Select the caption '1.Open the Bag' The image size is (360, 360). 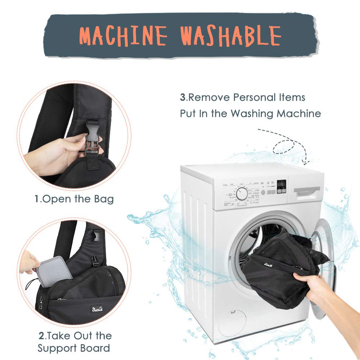tap(74, 199)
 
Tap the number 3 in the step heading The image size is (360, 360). tap(183, 98)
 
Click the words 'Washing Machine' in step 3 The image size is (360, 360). tap(275, 113)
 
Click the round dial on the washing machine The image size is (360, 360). tap(242, 194)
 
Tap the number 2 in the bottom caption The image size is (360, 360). tap(41, 336)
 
